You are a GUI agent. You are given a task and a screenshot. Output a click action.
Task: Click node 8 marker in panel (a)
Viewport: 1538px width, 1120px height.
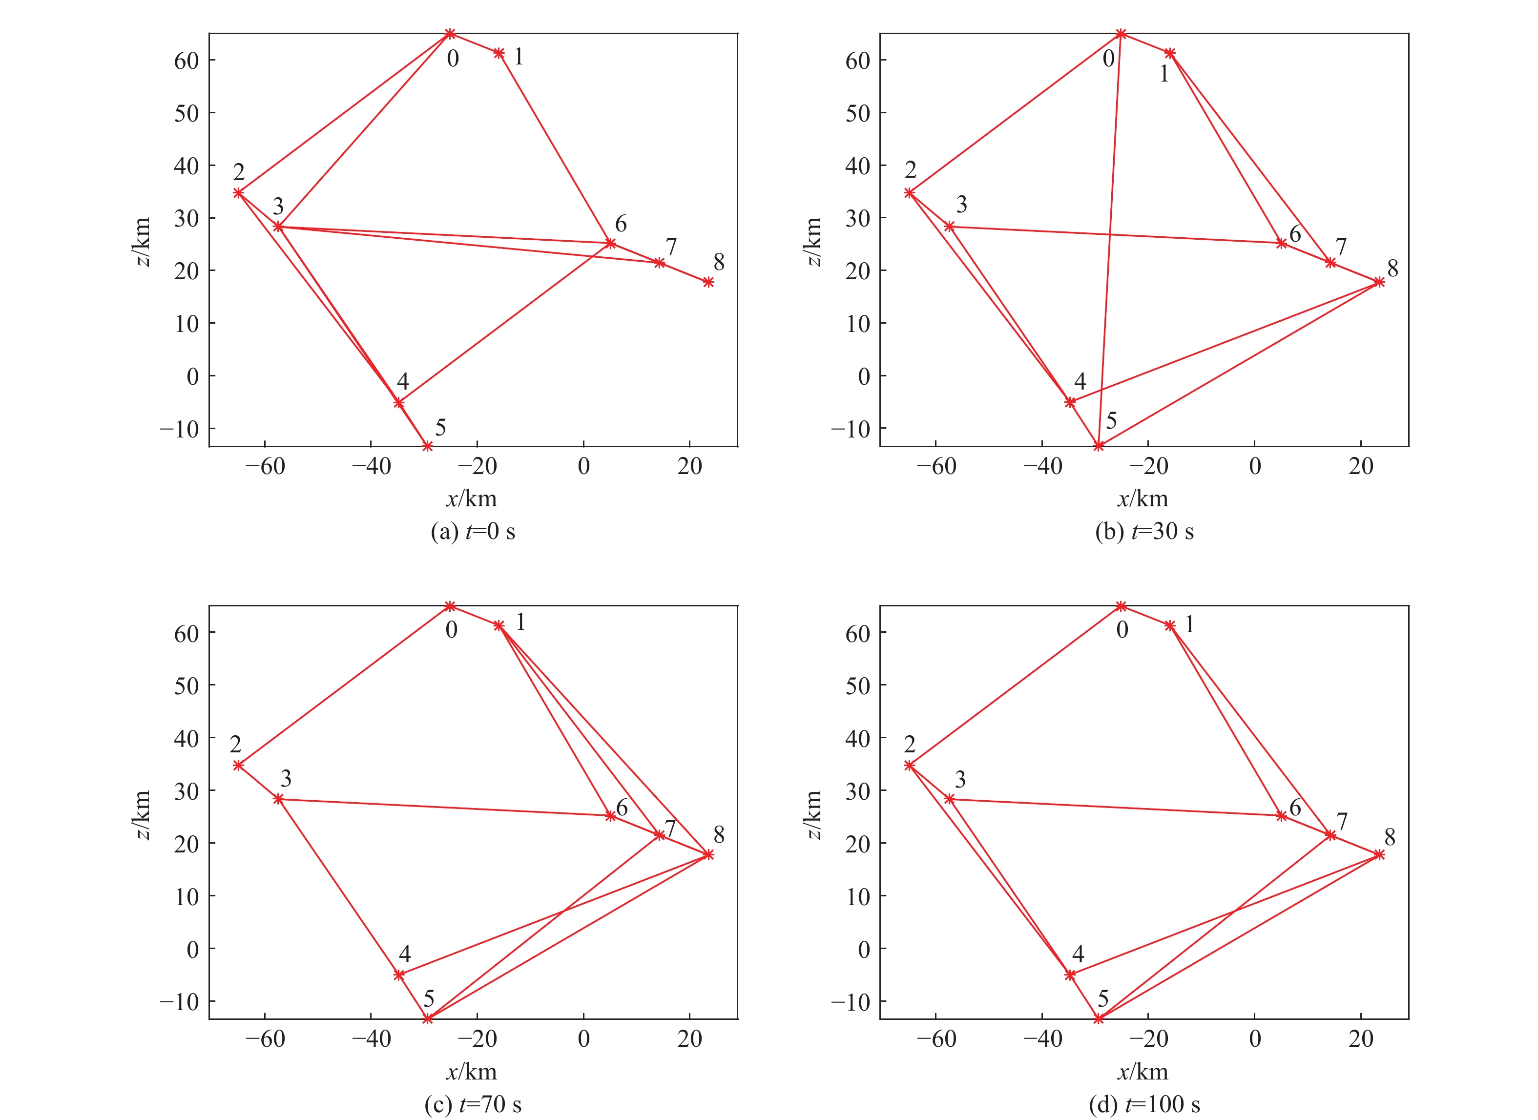coord(708,282)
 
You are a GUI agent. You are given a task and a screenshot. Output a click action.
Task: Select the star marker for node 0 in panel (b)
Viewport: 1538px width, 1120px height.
coord(1121,34)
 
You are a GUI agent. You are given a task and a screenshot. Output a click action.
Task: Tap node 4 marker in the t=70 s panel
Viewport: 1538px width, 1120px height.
coord(399,975)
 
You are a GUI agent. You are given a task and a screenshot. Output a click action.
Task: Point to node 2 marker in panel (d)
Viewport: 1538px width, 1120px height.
coord(909,766)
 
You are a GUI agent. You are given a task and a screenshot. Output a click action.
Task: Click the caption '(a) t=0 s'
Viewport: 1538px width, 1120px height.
coord(473,532)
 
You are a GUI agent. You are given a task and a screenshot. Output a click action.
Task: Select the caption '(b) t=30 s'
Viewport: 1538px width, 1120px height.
coord(1144,532)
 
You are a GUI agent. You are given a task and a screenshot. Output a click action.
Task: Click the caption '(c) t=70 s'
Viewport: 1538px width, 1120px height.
coord(473,1104)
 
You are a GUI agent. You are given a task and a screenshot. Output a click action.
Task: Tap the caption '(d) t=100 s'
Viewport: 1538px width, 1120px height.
coord(1144,1104)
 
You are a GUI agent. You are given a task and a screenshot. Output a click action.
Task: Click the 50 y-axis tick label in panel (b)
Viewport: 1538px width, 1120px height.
coord(858,113)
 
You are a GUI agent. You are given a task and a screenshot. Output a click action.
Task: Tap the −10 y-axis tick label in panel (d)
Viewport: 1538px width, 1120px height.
coord(852,1002)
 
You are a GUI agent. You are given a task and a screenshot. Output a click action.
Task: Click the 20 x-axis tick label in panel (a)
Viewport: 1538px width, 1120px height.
coord(689,466)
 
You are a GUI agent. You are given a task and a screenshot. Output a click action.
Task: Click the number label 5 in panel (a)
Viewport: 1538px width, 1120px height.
coord(440,428)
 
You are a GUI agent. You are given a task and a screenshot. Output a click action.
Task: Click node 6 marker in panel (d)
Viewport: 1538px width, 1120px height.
coord(1282,816)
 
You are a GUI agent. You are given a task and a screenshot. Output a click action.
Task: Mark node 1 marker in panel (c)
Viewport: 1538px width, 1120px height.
coord(499,626)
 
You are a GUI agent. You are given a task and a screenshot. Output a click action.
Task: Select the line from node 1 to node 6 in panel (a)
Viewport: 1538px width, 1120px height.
coord(555,148)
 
